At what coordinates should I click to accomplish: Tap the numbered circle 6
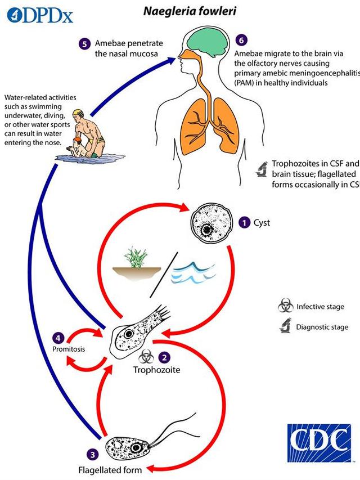coord(240,40)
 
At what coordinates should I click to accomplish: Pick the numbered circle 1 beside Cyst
coord(244,223)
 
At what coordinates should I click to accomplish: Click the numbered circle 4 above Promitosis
coord(58,338)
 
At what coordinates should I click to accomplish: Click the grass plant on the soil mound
coord(136,258)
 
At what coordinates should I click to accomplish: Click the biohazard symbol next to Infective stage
coord(286,307)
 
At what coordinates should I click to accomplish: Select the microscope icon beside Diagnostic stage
coord(286,327)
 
